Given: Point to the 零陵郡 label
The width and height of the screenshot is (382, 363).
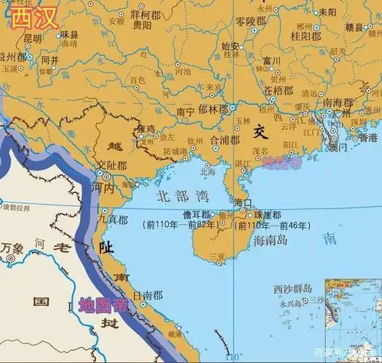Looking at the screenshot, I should pos(252,23).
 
